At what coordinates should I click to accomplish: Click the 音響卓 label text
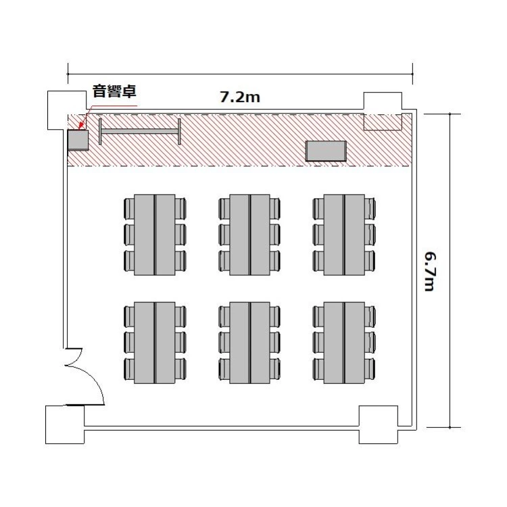pyautogui.click(x=114, y=91)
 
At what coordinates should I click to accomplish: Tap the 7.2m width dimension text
pyautogui.click(x=240, y=97)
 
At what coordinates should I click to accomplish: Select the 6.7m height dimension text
pyautogui.click(x=430, y=272)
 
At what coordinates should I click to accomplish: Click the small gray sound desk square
pyautogui.click(x=78, y=140)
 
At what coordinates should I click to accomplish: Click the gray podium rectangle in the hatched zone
pyautogui.click(x=326, y=151)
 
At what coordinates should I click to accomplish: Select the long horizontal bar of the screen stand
pyautogui.click(x=140, y=131)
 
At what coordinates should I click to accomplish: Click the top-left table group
pyautogui.click(x=155, y=235)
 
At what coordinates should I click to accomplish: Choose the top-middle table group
pyautogui.click(x=249, y=235)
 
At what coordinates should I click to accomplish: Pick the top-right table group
pyautogui.click(x=344, y=235)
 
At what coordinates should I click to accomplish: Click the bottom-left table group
pyautogui.click(x=155, y=343)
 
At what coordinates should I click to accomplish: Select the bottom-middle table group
pyautogui.click(x=249, y=343)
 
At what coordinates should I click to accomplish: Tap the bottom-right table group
pyautogui.click(x=344, y=343)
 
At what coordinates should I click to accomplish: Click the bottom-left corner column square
pyautogui.click(x=65, y=425)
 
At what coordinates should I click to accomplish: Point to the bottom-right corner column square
pyautogui.click(x=379, y=425)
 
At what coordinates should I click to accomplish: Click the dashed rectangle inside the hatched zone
pyautogui.click(x=383, y=122)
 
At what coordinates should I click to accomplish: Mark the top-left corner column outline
pyautogui.click(x=67, y=110)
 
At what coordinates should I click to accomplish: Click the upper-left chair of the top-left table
pyautogui.click(x=129, y=208)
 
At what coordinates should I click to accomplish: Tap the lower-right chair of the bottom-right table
pyautogui.click(x=370, y=369)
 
